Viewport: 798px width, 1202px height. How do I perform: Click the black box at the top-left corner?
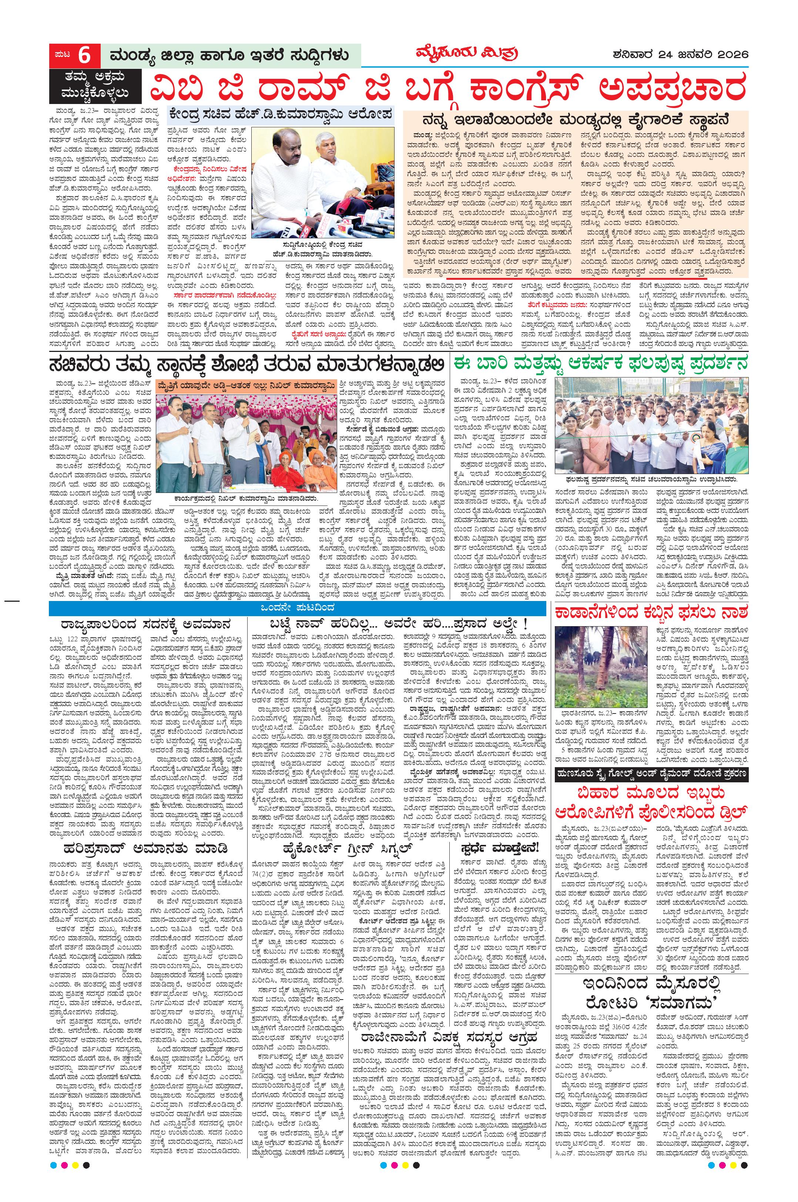pos(94,86)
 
